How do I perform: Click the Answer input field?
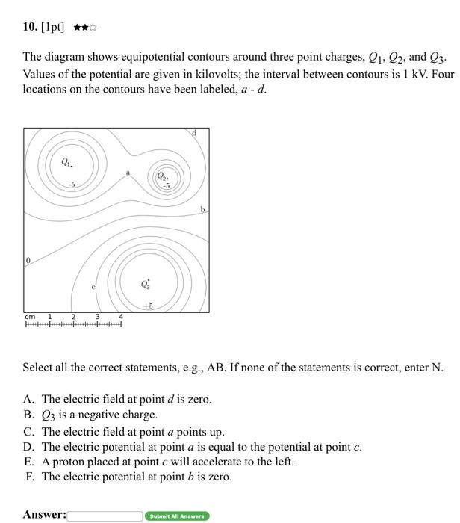tap(105, 516)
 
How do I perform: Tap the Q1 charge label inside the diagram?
tap(67, 162)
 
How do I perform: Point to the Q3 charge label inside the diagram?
tap(146, 284)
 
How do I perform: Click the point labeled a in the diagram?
tap(128, 173)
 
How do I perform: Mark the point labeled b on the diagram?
tap(202, 210)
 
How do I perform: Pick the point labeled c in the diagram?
tap(93, 286)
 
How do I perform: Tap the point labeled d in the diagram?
tap(194, 133)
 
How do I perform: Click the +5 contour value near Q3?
tap(148, 306)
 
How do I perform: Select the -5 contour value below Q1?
tap(71, 184)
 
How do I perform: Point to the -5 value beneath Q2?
tap(166, 185)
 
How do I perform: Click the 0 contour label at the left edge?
tap(28, 260)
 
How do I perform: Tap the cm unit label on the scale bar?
tap(30, 317)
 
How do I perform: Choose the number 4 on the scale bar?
tap(121, 317)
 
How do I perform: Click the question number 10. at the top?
tap(30, 28)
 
